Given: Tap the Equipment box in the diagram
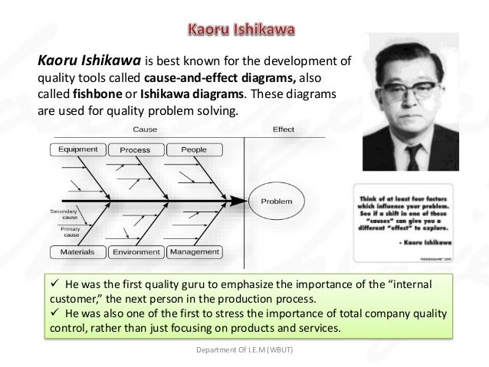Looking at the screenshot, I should [77, 149].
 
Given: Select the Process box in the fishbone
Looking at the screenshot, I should [135, 150].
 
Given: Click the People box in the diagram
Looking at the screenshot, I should [193, 149].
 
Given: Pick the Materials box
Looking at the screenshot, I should [77, 251].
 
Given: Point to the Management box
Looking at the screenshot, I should [194, 251].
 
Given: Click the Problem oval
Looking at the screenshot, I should [276, 202].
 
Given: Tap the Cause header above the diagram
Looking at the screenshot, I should [146, 129].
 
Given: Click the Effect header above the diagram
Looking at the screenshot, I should [283, 129].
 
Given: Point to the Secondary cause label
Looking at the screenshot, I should [64, 214].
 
